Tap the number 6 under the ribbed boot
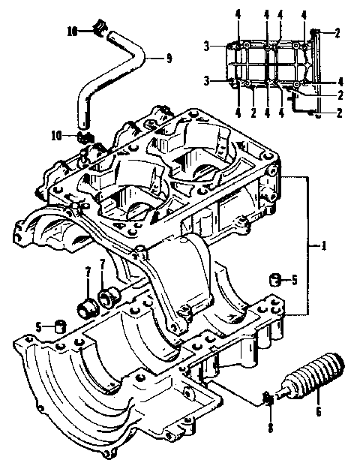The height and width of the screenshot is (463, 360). tap(318, 410)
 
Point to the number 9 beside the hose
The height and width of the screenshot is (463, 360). tap(168, 56)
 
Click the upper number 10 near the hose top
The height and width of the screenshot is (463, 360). tap(72, 32)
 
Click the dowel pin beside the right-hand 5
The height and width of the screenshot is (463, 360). tap(276, 280)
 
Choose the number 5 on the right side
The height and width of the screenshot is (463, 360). tap(294, 281)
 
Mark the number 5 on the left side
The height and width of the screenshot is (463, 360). tap(37, 326)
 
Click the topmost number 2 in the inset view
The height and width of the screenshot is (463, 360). tap(337, 32)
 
